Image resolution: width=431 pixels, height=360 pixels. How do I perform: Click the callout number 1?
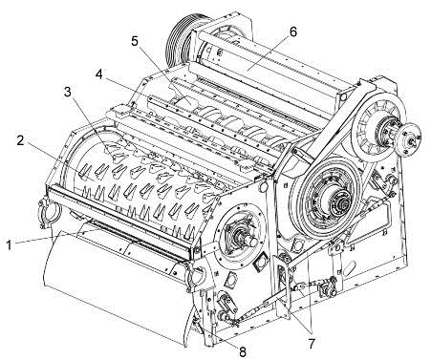click(10, 245)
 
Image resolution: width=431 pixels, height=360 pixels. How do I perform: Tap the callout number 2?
click(21, 140)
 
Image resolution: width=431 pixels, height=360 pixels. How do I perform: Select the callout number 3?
click(68, 92)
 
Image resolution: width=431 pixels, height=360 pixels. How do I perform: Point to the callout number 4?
click(99, 74)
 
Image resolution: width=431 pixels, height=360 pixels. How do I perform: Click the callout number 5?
click(135, 41)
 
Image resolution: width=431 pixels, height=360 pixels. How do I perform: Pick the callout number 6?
click(293, 32)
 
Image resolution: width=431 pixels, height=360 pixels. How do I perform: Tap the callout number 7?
click(312, 343)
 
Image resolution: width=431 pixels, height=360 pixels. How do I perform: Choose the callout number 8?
click(243, 351)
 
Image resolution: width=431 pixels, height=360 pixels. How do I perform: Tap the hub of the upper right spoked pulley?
click(384, 131)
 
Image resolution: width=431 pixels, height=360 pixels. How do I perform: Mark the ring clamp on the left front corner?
click(49, 213)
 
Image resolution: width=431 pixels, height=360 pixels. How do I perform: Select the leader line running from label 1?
click(56, 236)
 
